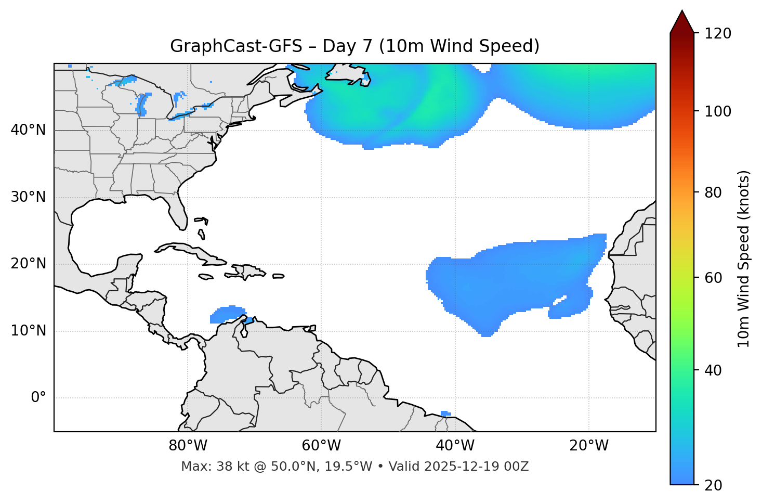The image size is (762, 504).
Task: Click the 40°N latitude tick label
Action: [x=28, y=130]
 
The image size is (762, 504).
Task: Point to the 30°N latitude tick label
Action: [x=28, y=197]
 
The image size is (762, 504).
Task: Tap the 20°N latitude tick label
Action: [x=28, y=264]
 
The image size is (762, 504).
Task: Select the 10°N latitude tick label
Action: [x=28, y=331]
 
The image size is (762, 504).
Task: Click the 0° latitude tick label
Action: [x=38, y=398]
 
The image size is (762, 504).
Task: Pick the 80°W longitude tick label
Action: [x=188, y=446]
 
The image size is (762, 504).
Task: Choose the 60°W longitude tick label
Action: [x=321, y=446]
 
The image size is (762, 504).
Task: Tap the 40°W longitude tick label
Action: [x=455, y=446]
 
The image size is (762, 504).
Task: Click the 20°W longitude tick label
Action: [x=589, y=446]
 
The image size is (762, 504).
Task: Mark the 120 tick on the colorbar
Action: [x=717, y=34]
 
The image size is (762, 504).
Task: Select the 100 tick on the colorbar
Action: [x=717, y=112]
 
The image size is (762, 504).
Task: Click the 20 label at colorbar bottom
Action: [x=713, y=485]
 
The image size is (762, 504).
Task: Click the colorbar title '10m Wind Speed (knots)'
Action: [x=744, y=259]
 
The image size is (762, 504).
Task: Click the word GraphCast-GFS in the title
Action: [x=236, y=46]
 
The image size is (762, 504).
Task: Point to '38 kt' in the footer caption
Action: [x=228, y=467]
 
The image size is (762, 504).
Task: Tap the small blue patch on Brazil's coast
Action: [x=445, y=413]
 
